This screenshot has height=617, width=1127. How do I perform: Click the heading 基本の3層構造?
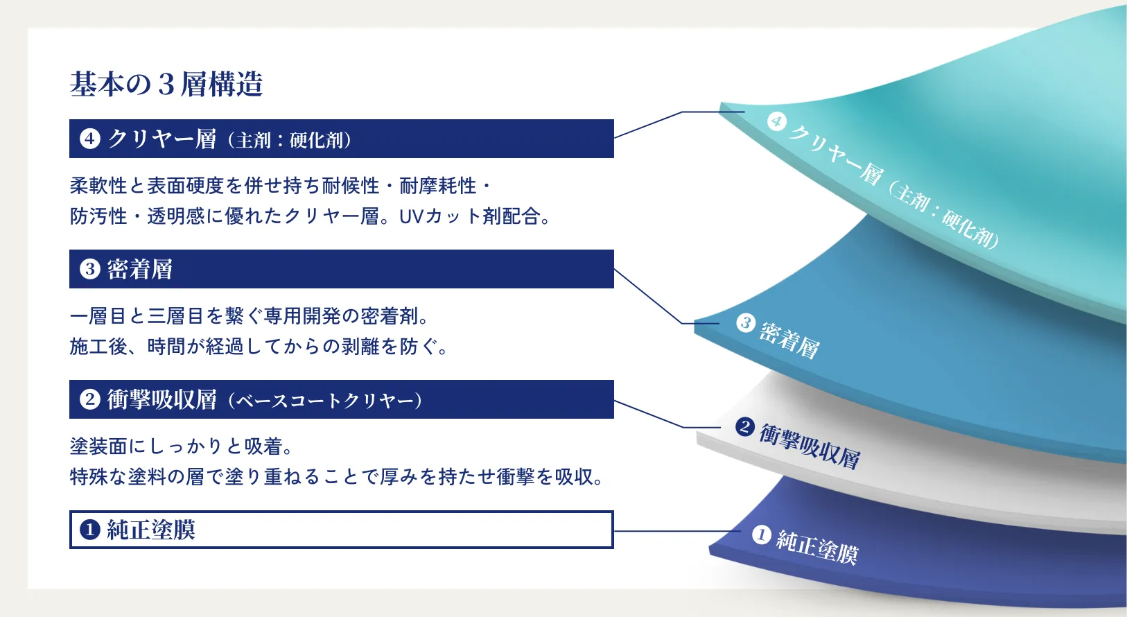(x=166, y=84)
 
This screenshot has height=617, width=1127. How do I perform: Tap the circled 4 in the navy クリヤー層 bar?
(x=90, y=139)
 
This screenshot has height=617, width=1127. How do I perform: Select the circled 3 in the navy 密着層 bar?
(x=90, y=269)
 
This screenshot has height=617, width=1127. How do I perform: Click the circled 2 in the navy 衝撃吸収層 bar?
(x=90, y=399)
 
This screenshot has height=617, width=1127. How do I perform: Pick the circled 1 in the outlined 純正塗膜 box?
(x=90, y=530)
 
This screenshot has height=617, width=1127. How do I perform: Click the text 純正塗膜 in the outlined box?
(x=151, y=530)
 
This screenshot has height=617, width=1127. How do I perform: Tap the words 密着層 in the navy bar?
(x=140, y=269)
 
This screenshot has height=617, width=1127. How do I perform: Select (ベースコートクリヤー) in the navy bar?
(x=324, y=401)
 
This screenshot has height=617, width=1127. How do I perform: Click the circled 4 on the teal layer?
(x=777, y=121)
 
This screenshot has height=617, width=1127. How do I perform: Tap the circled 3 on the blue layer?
(x=746, y=322)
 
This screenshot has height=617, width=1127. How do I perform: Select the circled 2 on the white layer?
(x=744, y=427)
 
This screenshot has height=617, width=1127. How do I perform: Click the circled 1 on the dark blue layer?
(x=761, y=535)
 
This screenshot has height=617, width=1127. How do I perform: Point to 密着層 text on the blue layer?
(x=789, y=340)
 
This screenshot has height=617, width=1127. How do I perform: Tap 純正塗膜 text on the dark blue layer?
(x=817, y=546)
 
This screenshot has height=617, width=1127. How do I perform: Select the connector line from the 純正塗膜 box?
(x=677, y=531)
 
